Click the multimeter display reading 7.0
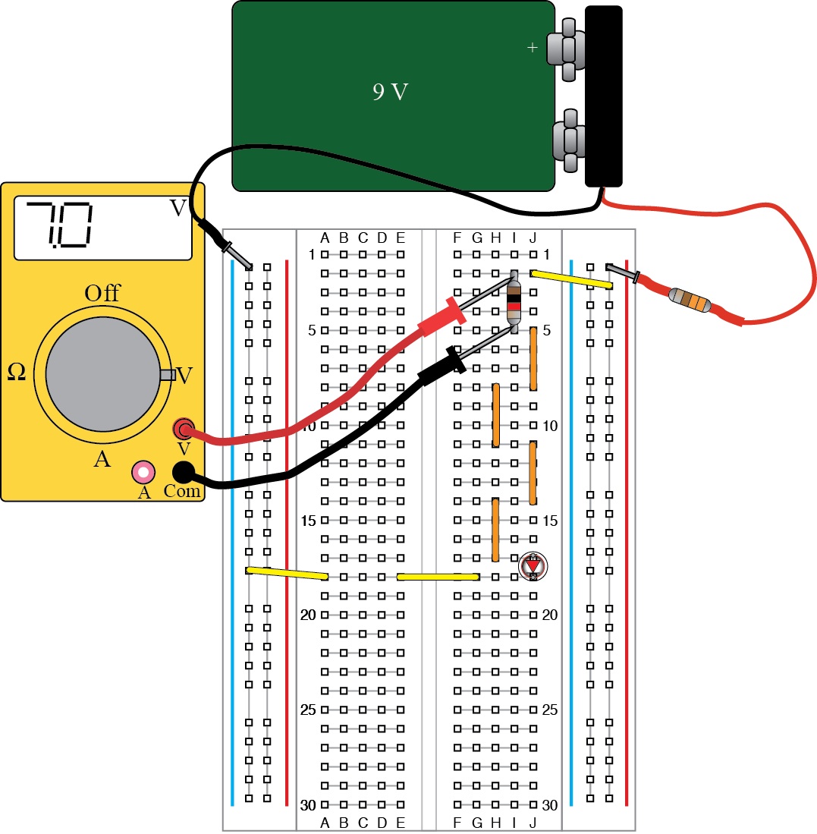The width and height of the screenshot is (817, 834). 102,228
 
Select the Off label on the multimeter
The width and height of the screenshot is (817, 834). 102,294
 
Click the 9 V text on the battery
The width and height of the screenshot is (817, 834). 391,93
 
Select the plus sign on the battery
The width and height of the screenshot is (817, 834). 532,49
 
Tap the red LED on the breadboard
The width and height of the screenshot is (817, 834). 533,566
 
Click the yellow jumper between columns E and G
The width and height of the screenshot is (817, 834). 438,577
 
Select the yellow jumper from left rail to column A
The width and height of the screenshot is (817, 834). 288,573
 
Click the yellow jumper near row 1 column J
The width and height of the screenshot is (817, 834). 571,279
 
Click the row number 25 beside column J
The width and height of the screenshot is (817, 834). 550,710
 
